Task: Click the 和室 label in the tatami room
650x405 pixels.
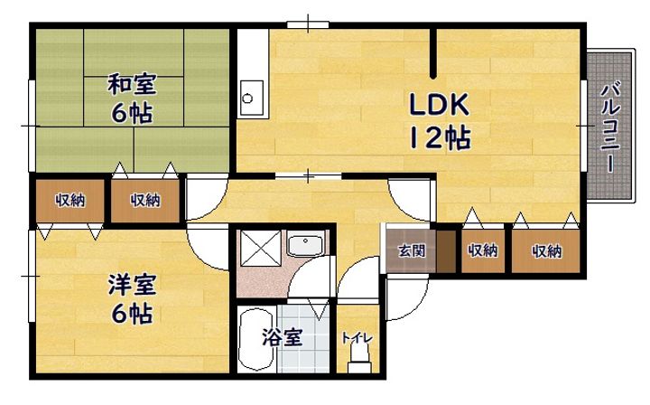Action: (132, 84)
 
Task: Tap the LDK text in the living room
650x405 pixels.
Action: (439, 104)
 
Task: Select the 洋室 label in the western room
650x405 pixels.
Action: (132, 285)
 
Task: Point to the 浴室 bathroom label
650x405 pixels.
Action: (282, 338)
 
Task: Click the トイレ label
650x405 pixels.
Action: (357, 338)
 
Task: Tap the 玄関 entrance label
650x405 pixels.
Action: (412, 250)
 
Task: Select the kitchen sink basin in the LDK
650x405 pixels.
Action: (252, 98)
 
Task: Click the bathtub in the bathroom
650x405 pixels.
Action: (257, 340)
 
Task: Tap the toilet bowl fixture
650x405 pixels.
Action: (359, 360)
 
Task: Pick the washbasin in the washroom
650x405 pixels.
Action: (305, 246)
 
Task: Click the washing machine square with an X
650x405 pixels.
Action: (261, 248)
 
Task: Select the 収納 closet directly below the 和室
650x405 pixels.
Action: (145, 201)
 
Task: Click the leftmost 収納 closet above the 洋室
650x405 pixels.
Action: (70, 201)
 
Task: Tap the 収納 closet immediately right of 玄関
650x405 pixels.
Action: (482, 250)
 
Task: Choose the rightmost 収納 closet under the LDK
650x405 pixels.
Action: (546, 250)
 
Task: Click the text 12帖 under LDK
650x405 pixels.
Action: (440, 137)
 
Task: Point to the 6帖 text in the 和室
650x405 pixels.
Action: (132, 112)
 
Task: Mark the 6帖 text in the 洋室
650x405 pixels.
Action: (132, 313)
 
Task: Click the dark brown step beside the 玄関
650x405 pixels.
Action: (446, 250)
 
